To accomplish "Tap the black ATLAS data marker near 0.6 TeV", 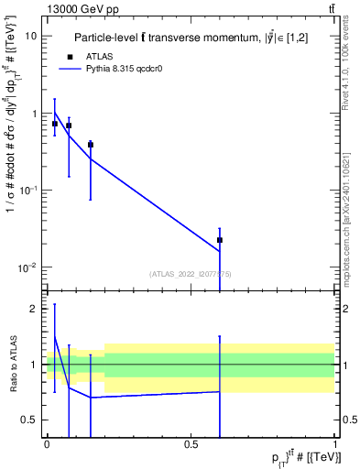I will click(220, 240).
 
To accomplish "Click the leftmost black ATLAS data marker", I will click(55, 123).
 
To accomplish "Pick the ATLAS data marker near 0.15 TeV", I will click(91, 145).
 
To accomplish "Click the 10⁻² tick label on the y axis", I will click(27, 267).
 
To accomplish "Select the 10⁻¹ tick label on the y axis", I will click(27, 191).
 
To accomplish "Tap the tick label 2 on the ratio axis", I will click(36, 309).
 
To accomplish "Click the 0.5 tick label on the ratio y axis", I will click(32, 420).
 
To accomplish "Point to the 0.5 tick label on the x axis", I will click(191, 443).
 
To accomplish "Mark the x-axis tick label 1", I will click(336, 443).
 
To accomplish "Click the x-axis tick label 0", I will click(47, 443).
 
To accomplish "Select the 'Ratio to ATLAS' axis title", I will click(12, 365).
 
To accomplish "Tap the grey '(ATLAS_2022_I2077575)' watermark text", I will click(191, 274).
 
